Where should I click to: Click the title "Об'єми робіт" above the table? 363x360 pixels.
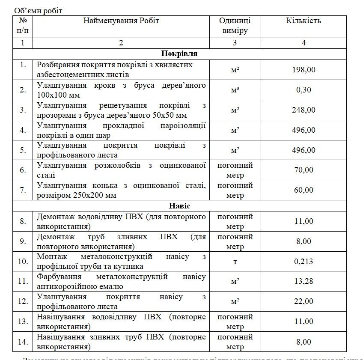tap(38, 11)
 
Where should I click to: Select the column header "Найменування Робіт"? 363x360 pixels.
tap(121, 21)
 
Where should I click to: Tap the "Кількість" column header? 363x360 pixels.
tap(303, 21)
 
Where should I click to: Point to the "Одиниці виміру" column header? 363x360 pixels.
tap(235, 26)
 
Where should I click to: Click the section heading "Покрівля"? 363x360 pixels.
tap(179, 54)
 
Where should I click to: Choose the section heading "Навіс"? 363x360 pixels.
tap(179, 206)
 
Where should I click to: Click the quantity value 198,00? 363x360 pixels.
tap(303, 70)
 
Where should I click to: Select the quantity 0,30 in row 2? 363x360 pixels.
tap(303, 90)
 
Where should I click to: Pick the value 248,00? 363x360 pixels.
tap(303, 110)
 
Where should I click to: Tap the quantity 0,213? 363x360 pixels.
tap(303, 262)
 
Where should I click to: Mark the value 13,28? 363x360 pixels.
tap(303, 282)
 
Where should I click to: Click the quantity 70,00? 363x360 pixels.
tap(303, 170)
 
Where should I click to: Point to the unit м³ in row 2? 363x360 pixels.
tap(235, 90)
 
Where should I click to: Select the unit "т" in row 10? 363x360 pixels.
tap(235, 262)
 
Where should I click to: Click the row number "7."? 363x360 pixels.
tap(23, 190)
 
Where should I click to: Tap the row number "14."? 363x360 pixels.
tap(23, 342)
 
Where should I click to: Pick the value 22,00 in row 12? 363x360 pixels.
tap(303, 302)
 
